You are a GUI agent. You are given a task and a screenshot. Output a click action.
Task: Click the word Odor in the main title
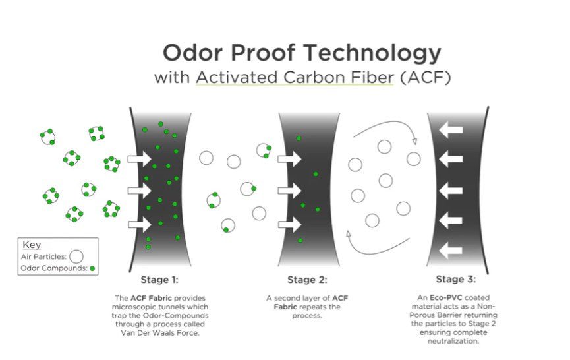point(192,53)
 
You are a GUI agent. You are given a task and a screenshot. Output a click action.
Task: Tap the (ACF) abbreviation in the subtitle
point(426,77)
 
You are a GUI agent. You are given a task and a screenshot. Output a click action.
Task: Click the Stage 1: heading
point(159,280)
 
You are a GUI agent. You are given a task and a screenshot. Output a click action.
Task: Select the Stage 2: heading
point(307,280)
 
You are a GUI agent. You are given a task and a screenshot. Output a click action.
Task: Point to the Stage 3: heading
point(456,279)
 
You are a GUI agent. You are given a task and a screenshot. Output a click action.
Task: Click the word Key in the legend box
point(32,245)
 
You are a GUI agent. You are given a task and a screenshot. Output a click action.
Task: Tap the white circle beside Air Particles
point(76,256)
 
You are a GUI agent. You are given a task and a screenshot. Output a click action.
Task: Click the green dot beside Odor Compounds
point(92,268)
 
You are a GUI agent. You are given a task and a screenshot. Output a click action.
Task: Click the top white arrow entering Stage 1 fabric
point(140,159)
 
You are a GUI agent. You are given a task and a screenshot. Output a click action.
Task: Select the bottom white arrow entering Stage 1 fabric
point(140,224)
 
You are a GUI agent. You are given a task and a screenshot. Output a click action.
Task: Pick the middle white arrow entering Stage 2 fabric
point(290,191)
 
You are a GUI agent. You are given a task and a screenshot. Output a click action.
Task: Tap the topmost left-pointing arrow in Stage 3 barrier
point(451,130)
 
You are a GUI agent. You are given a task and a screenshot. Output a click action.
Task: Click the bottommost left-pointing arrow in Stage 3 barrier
point(451,251)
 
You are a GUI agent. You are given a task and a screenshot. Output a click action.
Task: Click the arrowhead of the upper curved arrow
point(414,142)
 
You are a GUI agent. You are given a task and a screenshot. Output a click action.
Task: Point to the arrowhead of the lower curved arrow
point(348,234)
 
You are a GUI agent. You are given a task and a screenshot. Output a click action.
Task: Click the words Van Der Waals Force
point(160,333)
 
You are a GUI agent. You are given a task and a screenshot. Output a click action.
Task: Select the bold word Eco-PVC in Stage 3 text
point(446,297)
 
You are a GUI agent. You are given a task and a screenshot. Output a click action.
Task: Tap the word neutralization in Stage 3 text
point(453,341)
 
